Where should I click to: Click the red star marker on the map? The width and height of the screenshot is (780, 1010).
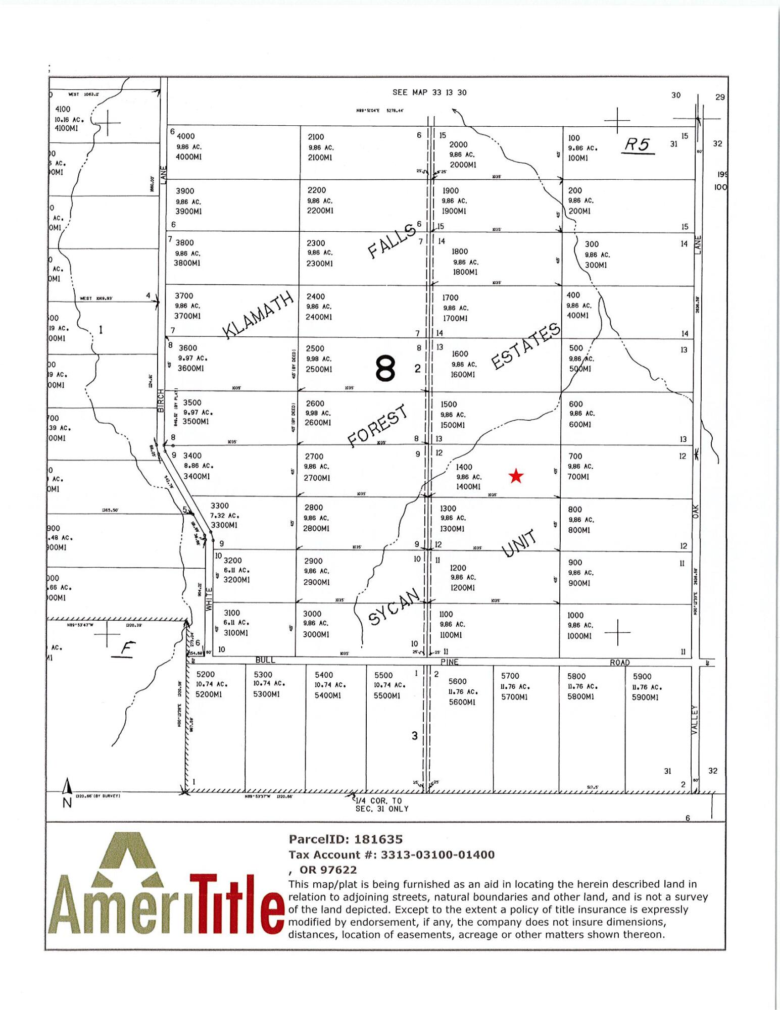tap(516, 476)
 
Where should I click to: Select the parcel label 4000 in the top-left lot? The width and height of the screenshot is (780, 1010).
tap(185, 136)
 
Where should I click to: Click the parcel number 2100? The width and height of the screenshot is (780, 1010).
tap(316, 137)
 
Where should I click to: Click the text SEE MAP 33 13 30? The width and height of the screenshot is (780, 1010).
tap(429, 92)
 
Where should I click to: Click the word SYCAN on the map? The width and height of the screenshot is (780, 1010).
tap(394, 606)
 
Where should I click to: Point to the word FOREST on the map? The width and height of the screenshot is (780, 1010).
tap(378, 426)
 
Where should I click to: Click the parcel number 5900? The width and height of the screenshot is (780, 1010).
tap(642, 677)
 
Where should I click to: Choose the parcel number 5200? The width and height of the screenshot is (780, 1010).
tap(205, 674)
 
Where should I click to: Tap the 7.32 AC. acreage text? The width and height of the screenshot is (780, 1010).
tap(225, 516)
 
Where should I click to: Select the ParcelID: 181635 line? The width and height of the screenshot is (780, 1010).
tap(346, 839)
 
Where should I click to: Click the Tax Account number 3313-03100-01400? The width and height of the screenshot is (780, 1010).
tap(437, 854)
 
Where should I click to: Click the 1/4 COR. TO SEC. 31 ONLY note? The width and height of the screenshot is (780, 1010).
tap(382, 804)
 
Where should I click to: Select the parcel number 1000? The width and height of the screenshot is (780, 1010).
tap(575, 615)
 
